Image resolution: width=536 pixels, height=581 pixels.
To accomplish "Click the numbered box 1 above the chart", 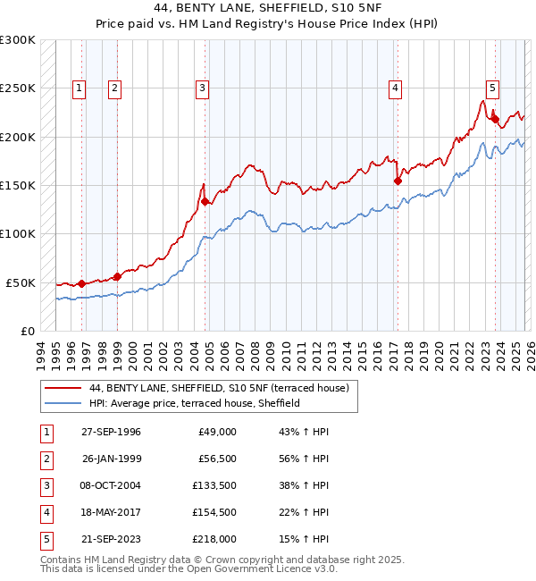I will [x=80, y=88].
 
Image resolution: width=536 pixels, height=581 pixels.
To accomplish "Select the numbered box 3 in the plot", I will [x=203, y=88].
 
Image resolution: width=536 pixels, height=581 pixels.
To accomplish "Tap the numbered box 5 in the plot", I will [x=492, y=88].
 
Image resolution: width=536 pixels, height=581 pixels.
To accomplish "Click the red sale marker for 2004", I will [x=205, y=201].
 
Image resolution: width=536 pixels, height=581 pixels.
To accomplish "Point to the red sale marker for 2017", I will [x=398, y=181].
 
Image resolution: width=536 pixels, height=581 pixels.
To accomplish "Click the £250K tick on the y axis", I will [x=18, y=88].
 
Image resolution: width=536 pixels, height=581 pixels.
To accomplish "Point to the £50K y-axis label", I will [x=21, y=282].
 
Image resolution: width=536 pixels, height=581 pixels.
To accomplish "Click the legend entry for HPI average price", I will [x=194, y=403].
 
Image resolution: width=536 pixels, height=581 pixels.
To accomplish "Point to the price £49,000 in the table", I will [x=214, y=431].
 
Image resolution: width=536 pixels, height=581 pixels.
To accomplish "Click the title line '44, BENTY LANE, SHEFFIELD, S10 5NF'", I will [x=268, y=9].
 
